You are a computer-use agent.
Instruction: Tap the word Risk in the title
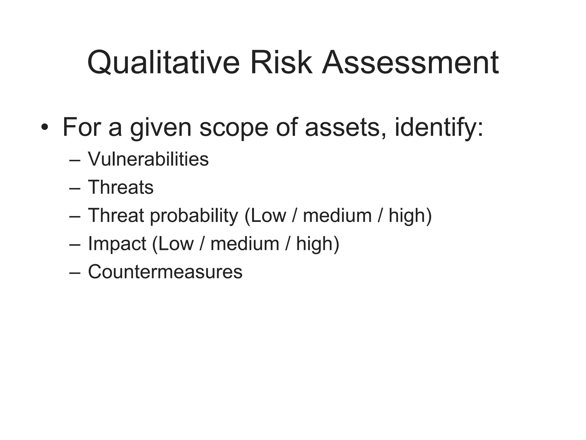281,62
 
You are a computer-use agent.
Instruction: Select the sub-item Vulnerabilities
148,159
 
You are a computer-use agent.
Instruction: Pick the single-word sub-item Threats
120,187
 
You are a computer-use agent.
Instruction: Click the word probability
194,216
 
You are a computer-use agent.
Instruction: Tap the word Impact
117,244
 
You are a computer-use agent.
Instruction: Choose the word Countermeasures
165,272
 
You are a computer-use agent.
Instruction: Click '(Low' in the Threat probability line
265,215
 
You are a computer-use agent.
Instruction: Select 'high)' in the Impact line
318,244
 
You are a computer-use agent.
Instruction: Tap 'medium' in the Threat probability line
337,215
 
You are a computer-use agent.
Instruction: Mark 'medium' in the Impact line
245,244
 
